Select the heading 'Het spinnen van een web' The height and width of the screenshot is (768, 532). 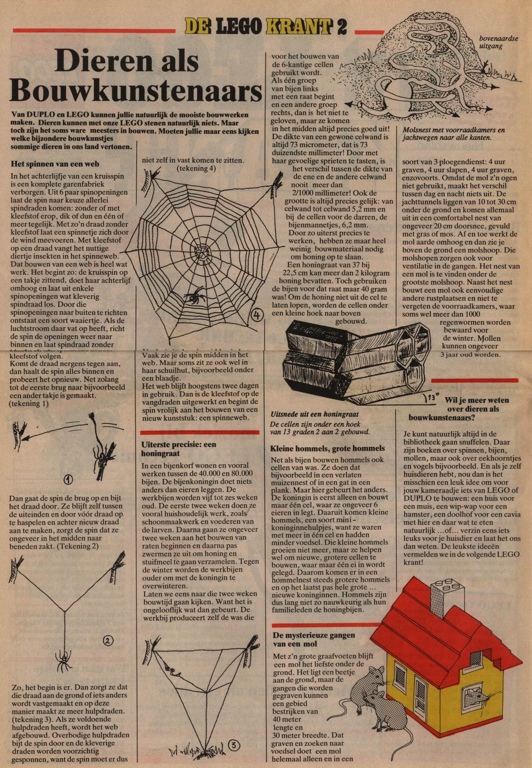click(55, 164)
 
